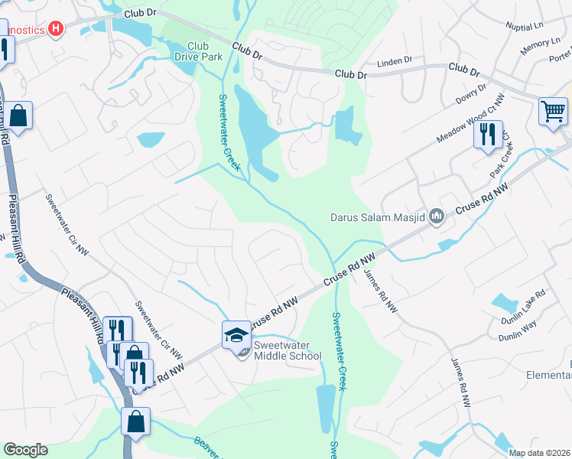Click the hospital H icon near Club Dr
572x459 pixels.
55,29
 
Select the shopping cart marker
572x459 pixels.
553,111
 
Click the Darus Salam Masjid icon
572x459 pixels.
437,217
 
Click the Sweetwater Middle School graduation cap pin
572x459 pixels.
237,335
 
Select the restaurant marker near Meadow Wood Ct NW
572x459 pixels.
487,134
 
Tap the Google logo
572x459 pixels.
25,450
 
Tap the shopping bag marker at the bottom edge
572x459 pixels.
135,422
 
